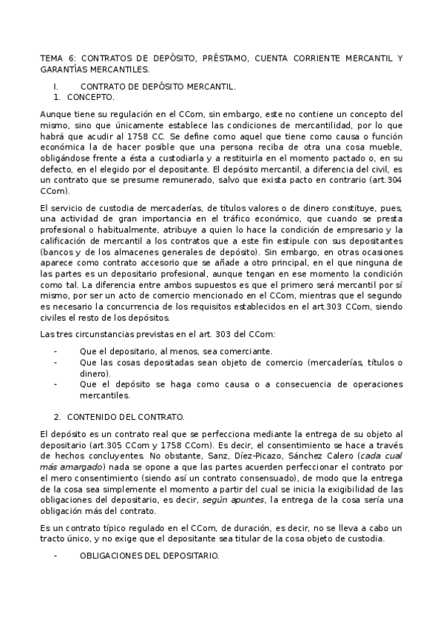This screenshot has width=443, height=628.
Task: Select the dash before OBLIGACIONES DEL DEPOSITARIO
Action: (56, 555)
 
